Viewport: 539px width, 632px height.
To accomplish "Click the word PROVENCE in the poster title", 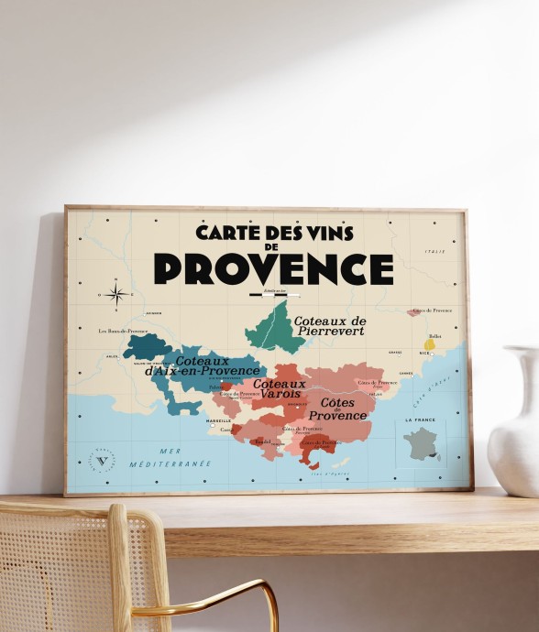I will (273, 268).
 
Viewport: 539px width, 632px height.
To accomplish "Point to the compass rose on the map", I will (116, 294).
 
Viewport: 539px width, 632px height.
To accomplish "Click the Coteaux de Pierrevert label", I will (329, 325).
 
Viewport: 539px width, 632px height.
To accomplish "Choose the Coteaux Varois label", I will (279, 388).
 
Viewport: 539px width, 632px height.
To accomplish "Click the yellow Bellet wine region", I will (429, 345).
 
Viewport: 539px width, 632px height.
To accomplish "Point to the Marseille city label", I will (218, 421).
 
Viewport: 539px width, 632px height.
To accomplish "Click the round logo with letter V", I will (102, 460).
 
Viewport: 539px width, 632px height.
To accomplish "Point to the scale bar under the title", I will (274, 295).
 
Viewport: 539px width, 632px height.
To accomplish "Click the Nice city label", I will (424, 353).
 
